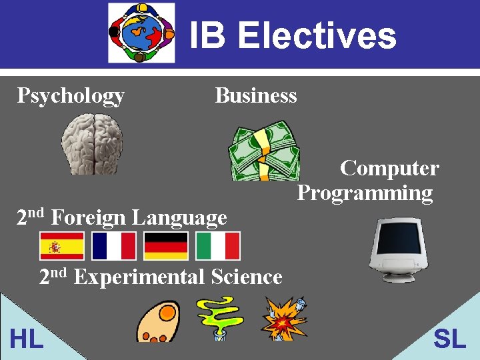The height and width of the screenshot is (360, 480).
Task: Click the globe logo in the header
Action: (141, 33)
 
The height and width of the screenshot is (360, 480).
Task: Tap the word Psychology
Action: (71, 95)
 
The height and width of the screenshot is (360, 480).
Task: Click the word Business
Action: (256, 95)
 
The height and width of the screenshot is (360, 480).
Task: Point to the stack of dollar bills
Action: (265, 151)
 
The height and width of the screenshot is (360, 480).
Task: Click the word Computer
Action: (389, 168)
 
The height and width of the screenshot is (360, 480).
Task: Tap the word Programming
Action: (365, 193)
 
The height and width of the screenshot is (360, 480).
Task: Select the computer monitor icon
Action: (398, 249)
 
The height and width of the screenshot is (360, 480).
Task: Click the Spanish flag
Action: (62, 246)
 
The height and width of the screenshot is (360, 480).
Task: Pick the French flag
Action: (114, 246)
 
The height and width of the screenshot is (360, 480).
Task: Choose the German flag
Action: (166, 246)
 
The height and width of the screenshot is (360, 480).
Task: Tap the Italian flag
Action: (218, 246)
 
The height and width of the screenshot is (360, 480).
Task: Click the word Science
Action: (247, 277)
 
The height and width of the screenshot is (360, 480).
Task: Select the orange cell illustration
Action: (158, 321)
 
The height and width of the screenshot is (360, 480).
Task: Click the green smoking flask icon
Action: (218, 318)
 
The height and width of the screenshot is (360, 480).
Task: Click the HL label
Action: (27, 339)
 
